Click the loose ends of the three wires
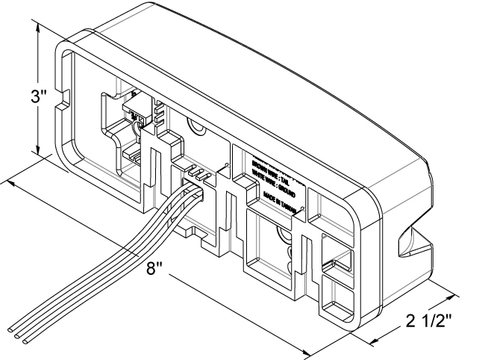[x=18, y=334]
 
